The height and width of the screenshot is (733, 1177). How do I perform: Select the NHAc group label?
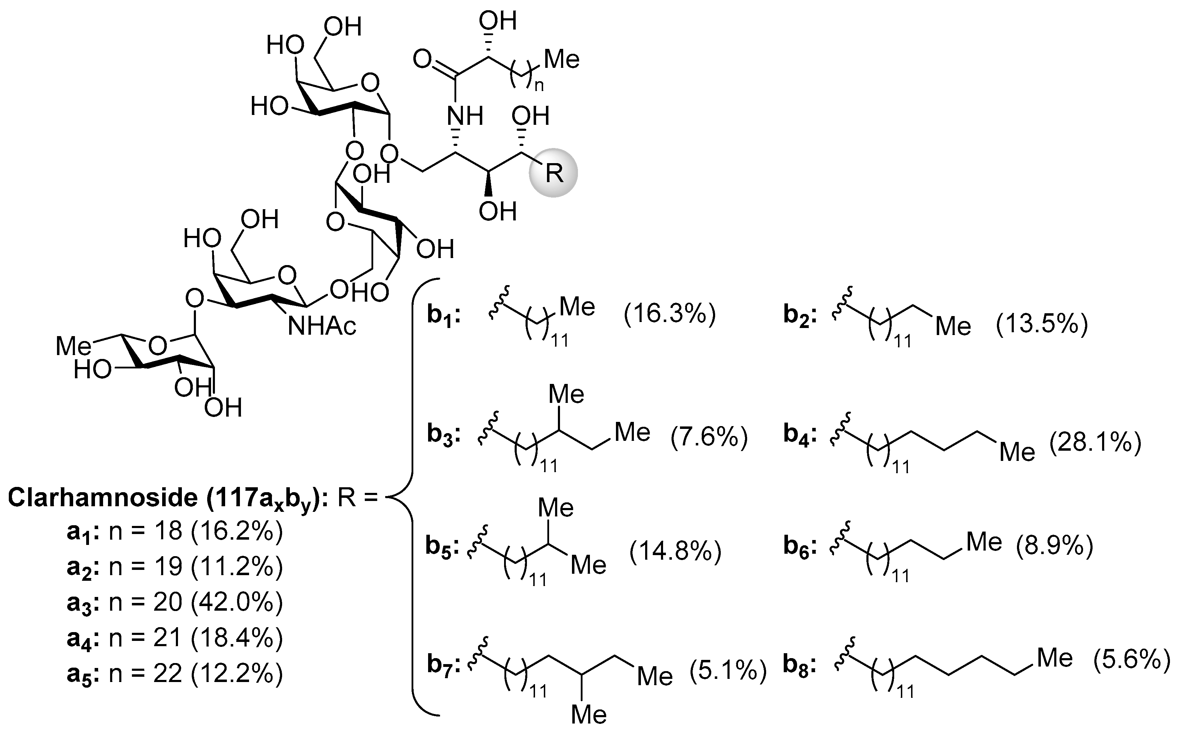[322, 326]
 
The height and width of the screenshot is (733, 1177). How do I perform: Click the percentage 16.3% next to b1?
[670, 314]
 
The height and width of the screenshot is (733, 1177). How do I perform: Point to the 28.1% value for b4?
[1095, 443]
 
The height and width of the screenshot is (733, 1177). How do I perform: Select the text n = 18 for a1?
[146, 531]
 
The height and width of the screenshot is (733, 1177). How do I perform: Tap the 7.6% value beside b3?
[709, 437]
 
